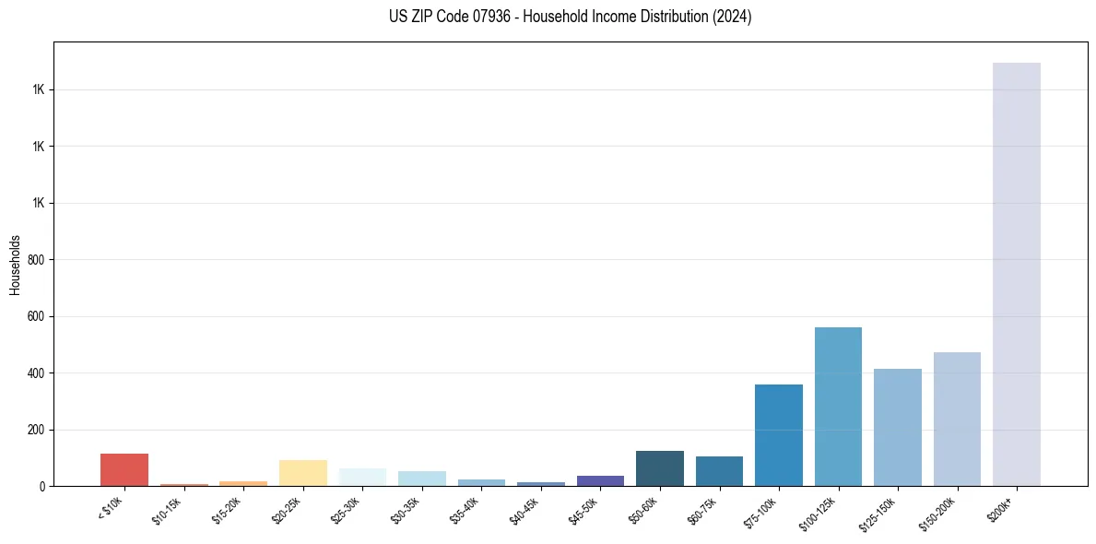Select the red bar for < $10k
point(124,469)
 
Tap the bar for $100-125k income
point(838,407)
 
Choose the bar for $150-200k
point(957,419)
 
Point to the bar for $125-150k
point(898,427)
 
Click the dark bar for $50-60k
point(660,468)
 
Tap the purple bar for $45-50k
point(600,480)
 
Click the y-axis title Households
point(16,265)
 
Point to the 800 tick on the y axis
point(38,260)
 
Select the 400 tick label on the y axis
point(38,373)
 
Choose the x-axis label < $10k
point(110,508)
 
